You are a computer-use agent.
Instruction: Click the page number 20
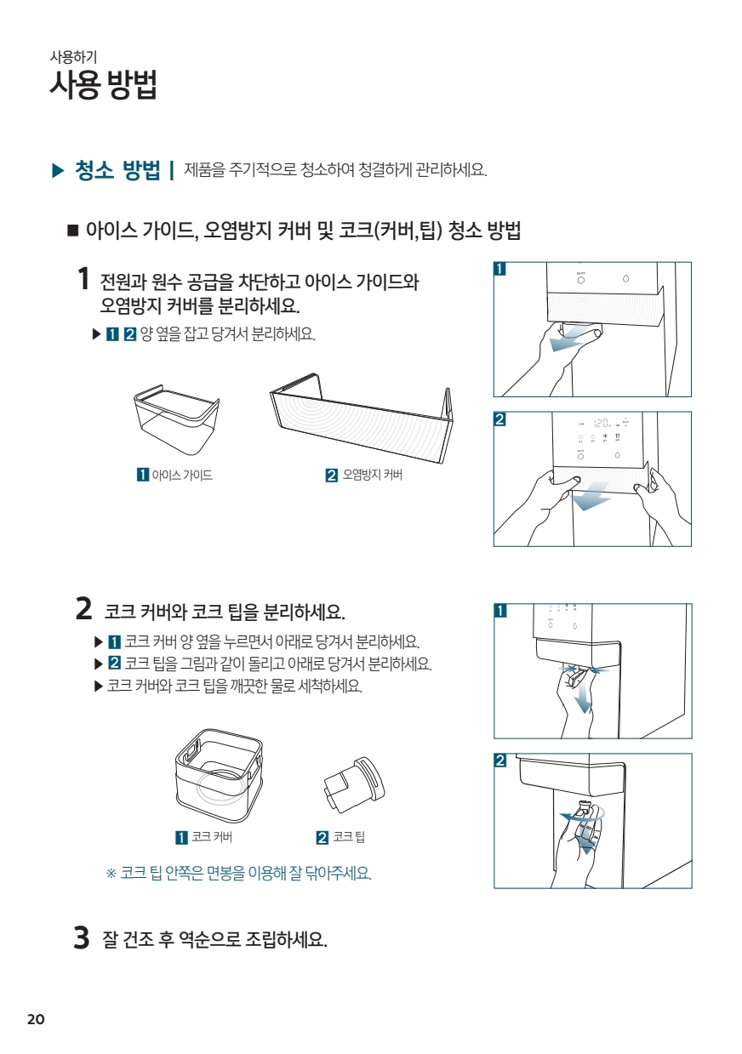[x=36, y=1019]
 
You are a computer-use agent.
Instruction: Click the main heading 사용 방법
[x=103, y=85]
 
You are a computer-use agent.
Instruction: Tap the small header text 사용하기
[x=73, y=57]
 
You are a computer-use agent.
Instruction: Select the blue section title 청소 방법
[x=117, y=169]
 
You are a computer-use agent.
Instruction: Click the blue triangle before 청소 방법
[x=58, y=170]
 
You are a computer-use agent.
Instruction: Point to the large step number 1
[x=83, y=279]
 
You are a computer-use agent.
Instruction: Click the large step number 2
[x=83, y=608]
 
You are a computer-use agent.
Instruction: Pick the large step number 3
[x=82, y=937]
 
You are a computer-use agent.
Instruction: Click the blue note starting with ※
[x=239, y=874]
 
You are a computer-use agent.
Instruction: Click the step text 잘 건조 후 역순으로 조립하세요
[x=214, y=940]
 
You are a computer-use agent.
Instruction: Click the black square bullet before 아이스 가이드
[x=72, y=231]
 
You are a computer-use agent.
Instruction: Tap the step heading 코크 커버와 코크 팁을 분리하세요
[x=225, y=612]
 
